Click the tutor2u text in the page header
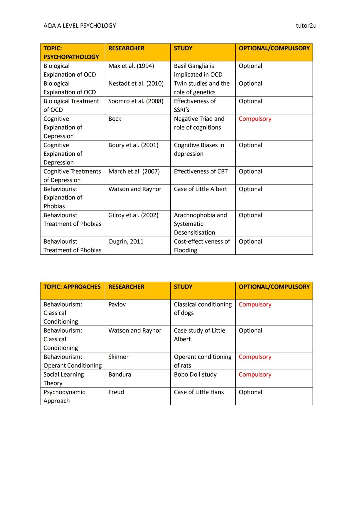pos(306,26)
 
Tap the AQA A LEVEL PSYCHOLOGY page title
pos(80,26)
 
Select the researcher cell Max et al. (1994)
pos(131,66)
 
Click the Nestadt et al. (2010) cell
pos(136,84)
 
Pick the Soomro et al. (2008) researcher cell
pos(136,101)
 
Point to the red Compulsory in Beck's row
pos(255,119)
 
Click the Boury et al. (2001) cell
pos(133,145)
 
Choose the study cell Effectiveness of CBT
pos(201,172)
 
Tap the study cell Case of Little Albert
pos(200,189)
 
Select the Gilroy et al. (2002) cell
pos(133,215)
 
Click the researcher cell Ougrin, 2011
pos(126,242)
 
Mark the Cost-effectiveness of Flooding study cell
pos(202,246)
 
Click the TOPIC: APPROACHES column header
pos(72,287)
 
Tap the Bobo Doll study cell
pos(195,375)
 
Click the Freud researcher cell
pos(116,392)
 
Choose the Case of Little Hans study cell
pos(199,392)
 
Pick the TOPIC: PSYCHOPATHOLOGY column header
pos(71,53)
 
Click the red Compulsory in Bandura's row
pos(255,375)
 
